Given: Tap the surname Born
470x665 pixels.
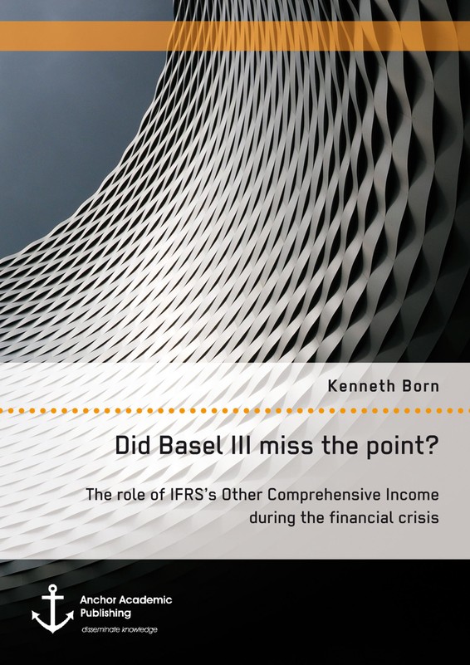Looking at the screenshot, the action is [x=419, y=387].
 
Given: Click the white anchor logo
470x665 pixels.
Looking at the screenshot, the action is [x=52, y=609].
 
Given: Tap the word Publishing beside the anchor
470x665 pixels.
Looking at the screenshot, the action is [x=106, y=614].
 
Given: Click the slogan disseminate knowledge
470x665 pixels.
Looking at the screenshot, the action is [x=120, y=630].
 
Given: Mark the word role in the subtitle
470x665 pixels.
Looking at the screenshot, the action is [x=125, y=495].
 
